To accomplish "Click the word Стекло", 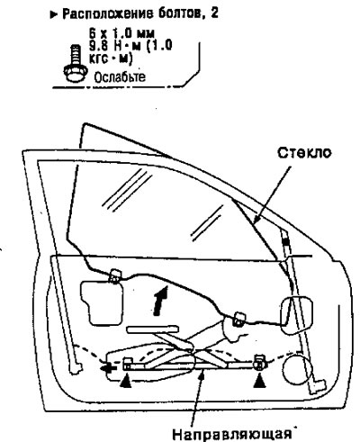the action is [304, 153].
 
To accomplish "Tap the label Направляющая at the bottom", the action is [232, 435].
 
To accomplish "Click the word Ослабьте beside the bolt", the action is [120, 77].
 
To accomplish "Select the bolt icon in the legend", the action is [76, 63].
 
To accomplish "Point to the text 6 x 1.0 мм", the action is [121, 32].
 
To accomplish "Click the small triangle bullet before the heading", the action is [54, 14].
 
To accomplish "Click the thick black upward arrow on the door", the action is [159, 301].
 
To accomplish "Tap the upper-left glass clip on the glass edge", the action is [114, 276].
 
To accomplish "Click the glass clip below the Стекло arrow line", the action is [238, 319].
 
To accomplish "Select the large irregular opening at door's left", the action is [102, 302].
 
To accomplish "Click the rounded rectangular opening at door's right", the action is [296, 314].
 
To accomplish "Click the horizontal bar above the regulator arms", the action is [153, 329].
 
